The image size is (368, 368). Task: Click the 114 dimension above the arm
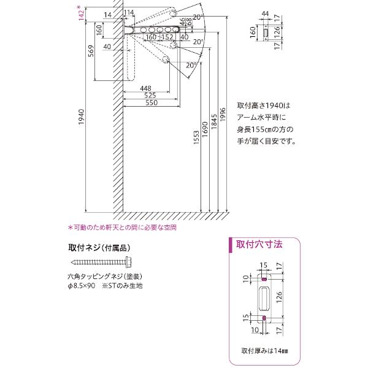129,12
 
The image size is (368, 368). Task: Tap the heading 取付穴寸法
260,244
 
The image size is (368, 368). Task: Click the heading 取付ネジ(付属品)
99,248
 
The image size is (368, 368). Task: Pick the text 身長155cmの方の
266,129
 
